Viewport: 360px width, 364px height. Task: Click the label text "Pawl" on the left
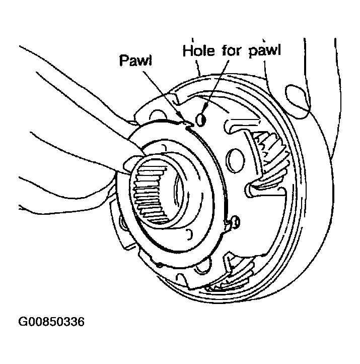pyautogui.click(x=135, y=60)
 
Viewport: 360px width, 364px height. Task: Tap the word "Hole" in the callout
pyautogui.click(x=199, y=50)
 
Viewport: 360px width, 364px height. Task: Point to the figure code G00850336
pyautogui.click(x=51, y=322)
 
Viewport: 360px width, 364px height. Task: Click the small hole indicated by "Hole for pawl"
pyautogui.click(x=201, y=120)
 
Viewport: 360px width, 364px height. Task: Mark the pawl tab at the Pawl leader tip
pyautogui.click(x=188, y=124)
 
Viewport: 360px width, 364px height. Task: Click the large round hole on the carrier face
pyautogui.click(x=235, y=161)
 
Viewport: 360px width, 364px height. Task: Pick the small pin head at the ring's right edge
pyautogui.click(x=236, y=222)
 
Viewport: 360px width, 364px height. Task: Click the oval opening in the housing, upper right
pyautogui.click(x=298, y=101)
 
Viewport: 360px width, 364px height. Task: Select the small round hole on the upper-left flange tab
pyautogui.click(x=158, y=115)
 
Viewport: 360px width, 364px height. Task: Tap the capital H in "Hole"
pyautogui.click(x=187, y=50)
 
